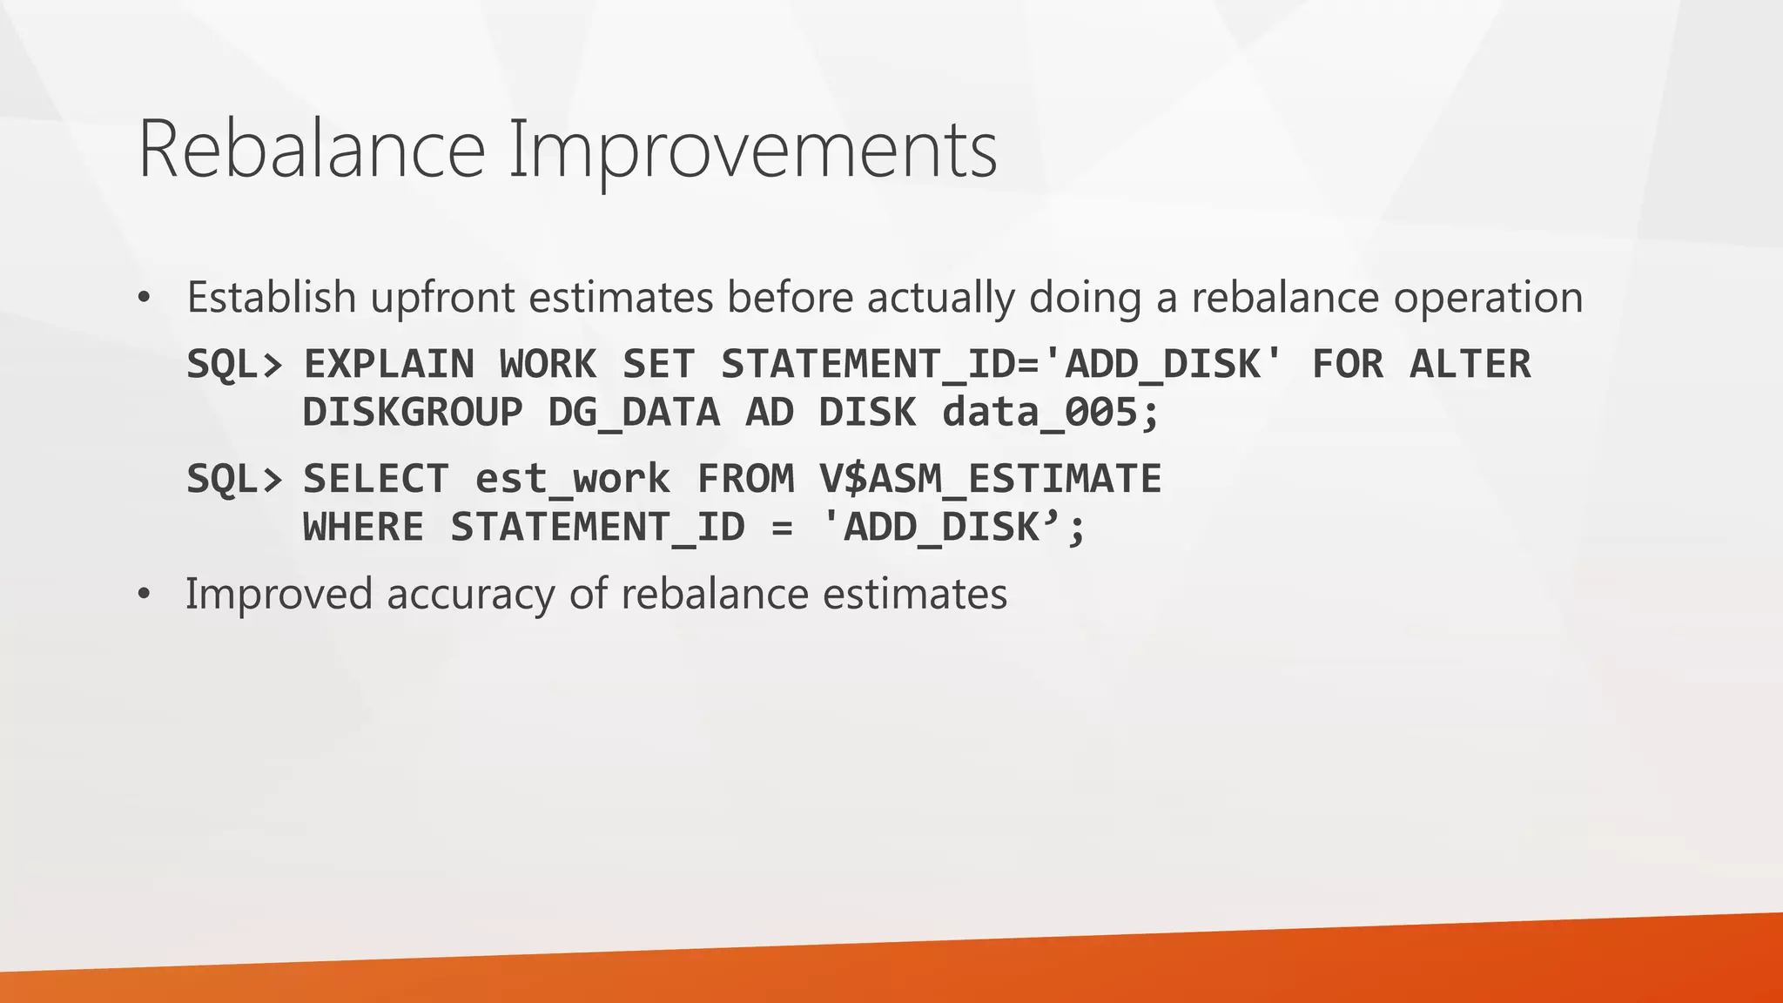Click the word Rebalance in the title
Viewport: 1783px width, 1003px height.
click(x=311, y=150)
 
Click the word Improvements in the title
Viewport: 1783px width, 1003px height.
click(x=752, y=150)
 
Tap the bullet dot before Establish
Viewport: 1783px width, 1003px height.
click(x=145, y=299)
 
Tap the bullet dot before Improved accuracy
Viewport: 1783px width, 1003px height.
click(x=145, y=596)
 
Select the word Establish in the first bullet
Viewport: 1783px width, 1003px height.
click(x=272, y=297)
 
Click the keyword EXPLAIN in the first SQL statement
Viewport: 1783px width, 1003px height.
click(x=388, y=364)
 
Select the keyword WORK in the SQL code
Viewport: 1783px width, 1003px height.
click(x=548, y=364)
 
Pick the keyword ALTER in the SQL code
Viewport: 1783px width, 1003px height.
click(x=1470, y=364)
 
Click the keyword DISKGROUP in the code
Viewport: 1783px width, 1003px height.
click(x=412, y=412)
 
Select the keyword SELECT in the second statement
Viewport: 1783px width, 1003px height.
click(x=375, y=479)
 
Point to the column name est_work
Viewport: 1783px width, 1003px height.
click(x=572, y=479)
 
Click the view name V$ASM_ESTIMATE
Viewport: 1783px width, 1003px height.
click(x=989, y=479)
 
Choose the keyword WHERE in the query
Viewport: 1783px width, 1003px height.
click(x=363, y=527)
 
